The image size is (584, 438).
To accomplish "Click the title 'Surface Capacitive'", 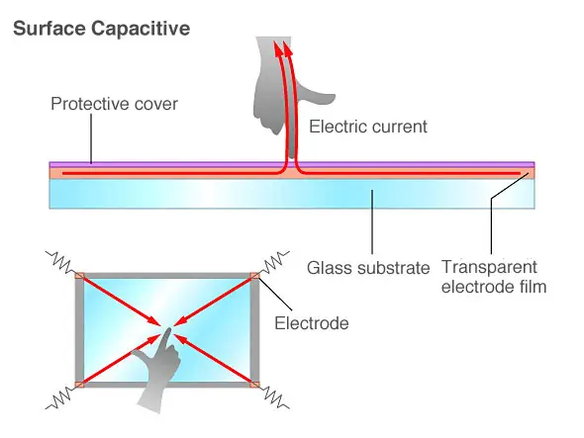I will (101, 29).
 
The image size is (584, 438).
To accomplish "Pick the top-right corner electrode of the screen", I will (255, 277).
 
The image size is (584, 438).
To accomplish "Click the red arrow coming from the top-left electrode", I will (119, 301).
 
